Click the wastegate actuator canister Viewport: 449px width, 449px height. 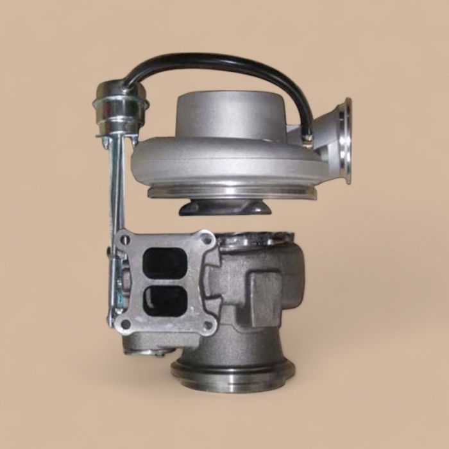click(x=115, y=109)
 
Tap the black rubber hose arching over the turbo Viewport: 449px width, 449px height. click(x=212, y=62)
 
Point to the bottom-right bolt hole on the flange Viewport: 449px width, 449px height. click(x=207, y=325)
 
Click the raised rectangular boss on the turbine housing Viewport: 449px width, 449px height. click(x=263, y=289)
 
